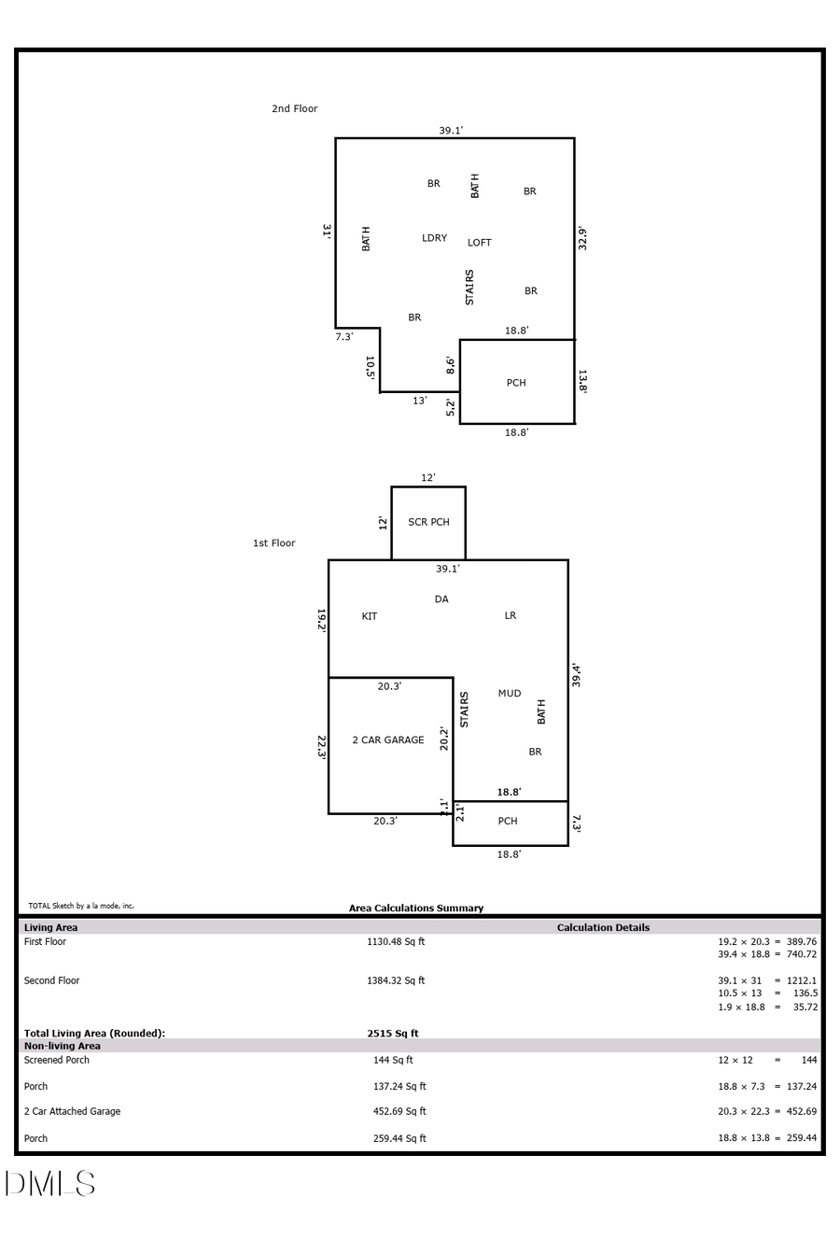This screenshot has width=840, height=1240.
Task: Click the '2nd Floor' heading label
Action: [294, 109]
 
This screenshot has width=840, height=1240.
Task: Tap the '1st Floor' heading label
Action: [273, 543]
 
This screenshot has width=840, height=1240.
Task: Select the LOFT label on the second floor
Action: [479, 243]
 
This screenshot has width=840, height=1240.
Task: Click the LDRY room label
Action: [434, 238]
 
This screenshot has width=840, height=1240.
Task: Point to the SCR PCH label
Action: [428, 522]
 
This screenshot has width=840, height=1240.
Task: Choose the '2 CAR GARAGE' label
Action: [387, 740]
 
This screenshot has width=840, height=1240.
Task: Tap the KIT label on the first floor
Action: [370, 616]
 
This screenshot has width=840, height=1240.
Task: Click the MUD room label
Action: [509, 694]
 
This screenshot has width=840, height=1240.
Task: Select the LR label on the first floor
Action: [510, 616]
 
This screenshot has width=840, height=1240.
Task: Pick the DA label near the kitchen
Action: [441, 599]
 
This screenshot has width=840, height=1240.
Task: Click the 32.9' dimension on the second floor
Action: [582, 238]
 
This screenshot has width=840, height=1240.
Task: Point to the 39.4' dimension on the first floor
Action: [577, 675]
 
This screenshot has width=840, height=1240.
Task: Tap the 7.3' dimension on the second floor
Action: [343, 337]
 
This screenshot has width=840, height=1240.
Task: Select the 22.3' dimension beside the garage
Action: [321, 747]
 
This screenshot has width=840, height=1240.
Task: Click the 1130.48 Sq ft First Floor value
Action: [395, 942]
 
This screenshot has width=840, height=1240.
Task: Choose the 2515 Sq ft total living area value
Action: [392, 1034]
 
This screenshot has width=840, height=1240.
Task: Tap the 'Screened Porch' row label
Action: [57, 1061]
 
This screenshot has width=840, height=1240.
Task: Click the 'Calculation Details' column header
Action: [603, 928]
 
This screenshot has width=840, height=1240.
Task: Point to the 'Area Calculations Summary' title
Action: [416, 909]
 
